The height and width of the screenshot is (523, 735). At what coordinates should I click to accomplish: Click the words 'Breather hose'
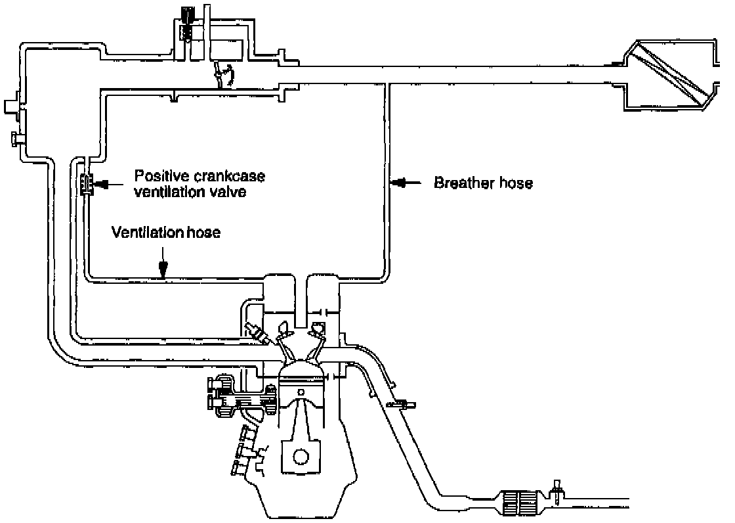click(x=482, y=183)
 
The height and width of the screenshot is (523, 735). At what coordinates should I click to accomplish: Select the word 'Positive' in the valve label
click(x=157, y=177)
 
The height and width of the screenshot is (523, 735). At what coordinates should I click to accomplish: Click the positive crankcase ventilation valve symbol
click(x=85, y=185)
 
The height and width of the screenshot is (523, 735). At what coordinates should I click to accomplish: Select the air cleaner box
click(x=669, y=74)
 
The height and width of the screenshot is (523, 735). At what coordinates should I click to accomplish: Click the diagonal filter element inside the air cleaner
click(x=669, y=74)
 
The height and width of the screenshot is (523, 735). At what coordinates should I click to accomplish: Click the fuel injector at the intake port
click(x=257, y=333)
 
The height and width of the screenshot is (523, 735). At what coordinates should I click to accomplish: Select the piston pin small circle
click(x=301, y=393)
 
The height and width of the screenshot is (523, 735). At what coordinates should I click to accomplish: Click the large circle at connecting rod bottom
click(x=301, y=457)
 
